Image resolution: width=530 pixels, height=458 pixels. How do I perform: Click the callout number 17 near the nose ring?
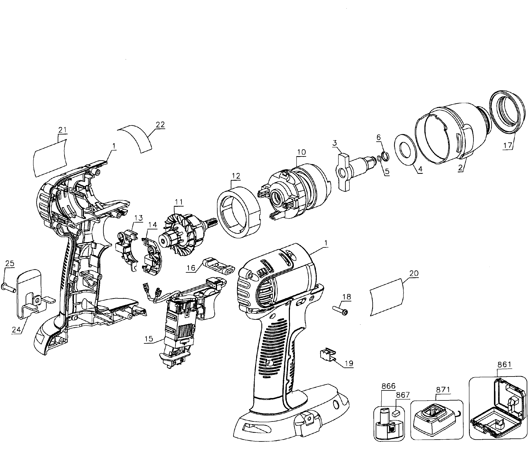click(x=508, y=145)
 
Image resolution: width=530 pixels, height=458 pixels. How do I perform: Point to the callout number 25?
click(x=10, y=263)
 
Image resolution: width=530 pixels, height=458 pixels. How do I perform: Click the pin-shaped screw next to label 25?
click(x=9, y=288)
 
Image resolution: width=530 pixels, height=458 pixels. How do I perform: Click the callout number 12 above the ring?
click(x=236, y=176)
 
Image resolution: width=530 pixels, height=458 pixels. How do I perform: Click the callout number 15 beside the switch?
click(x=149, y=339)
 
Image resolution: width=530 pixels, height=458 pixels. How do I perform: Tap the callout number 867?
click(x=403, y=395)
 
